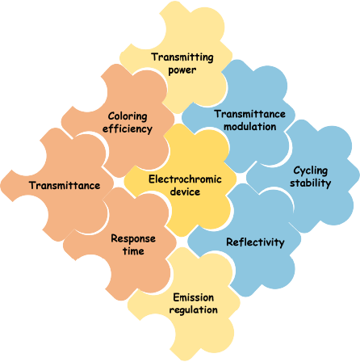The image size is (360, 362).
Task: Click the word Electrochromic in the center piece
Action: pyautogui.click(x=185, y=179)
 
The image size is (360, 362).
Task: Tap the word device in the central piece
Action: pyautogui.click(x=185, y=192)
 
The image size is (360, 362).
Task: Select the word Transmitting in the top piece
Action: pyautogui.click(x=182, y=57)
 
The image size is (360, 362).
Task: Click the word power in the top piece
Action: pyautogui.click(x=182, y=70)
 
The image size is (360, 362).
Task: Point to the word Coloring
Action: pyautogui.click(x=128, y=116)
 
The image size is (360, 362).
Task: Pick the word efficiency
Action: pyautogui.click(x=128, y=128)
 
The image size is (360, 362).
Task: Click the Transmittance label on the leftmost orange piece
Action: pyautogui.click(x=65, y=185)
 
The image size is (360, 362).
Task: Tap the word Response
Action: pyautogui.click(x=133, y=238)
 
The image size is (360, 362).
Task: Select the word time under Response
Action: pyautogui.click(x=133, y=251)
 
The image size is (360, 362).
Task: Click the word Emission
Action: pyautogui.click(x=194, y=297)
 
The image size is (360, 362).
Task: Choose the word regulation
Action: pyautogui.click(x=194, y=309)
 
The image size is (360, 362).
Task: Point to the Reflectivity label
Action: pyautogui.click(x=255, y=242)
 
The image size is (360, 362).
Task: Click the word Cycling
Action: pyautogui.click(x=311, y=170)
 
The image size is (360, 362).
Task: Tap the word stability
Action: pyautogui.click(x=311, y=183)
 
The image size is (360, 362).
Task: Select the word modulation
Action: pyautogui.click(x=250, y=127)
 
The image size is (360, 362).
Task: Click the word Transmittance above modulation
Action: pyautogui.click(x=250, y=114)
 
